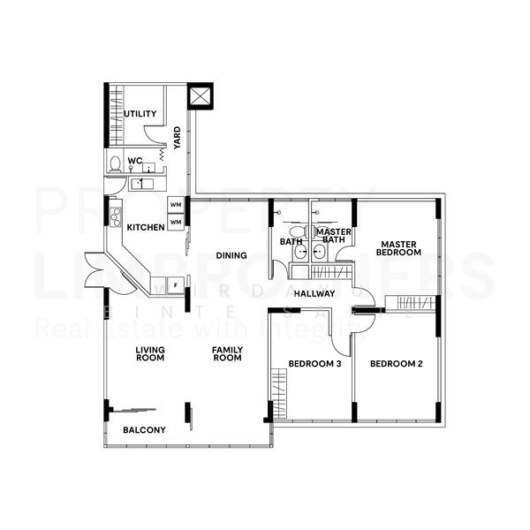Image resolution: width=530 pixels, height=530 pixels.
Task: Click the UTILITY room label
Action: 140,114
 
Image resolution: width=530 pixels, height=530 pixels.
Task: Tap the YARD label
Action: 178,137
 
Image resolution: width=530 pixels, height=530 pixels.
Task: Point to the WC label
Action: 134,161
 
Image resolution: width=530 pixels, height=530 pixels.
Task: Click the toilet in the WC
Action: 115,164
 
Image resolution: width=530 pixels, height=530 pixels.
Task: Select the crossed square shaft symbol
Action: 201,95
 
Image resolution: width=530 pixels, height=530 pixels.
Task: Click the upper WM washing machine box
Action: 176,206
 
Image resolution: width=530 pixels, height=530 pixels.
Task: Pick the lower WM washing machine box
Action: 176,222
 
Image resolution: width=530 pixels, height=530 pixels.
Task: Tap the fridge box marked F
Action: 176,284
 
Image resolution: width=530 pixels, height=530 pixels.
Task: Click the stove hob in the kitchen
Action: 115,216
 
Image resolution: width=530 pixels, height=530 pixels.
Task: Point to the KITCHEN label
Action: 145,228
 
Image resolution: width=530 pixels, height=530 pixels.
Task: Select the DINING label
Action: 231,256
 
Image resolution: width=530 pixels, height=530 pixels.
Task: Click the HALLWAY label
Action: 314,293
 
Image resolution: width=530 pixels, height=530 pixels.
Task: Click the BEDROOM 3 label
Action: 315,364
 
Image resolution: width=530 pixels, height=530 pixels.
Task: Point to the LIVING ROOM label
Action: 149,354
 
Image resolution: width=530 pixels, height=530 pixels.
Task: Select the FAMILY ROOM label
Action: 226,354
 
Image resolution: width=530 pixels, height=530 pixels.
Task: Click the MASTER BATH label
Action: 334,236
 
